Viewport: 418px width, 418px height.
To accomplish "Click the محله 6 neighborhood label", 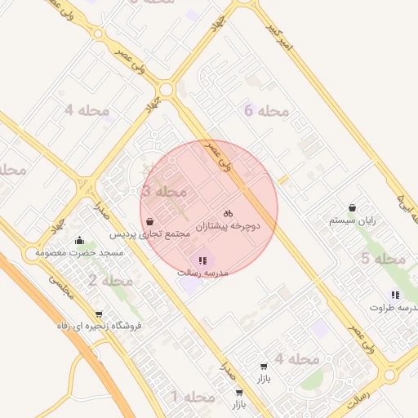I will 267,111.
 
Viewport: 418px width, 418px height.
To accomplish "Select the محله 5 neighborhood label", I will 383,260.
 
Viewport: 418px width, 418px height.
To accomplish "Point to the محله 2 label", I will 109,281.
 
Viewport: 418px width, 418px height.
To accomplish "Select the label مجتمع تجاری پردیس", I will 150,233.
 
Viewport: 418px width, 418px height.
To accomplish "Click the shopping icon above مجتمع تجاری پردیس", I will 149,222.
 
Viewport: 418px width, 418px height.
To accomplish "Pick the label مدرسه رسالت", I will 203,272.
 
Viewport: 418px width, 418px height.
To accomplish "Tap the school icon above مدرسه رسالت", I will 202,260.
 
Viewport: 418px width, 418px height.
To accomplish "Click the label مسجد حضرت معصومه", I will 79,252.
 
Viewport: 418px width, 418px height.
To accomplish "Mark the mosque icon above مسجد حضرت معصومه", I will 79,240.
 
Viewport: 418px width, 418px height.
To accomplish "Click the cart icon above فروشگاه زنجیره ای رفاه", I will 99,314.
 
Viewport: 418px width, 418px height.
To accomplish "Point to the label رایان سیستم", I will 352,220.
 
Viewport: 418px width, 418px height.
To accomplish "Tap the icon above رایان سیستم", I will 352,208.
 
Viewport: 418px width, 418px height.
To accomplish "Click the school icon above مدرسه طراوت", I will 395,295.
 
